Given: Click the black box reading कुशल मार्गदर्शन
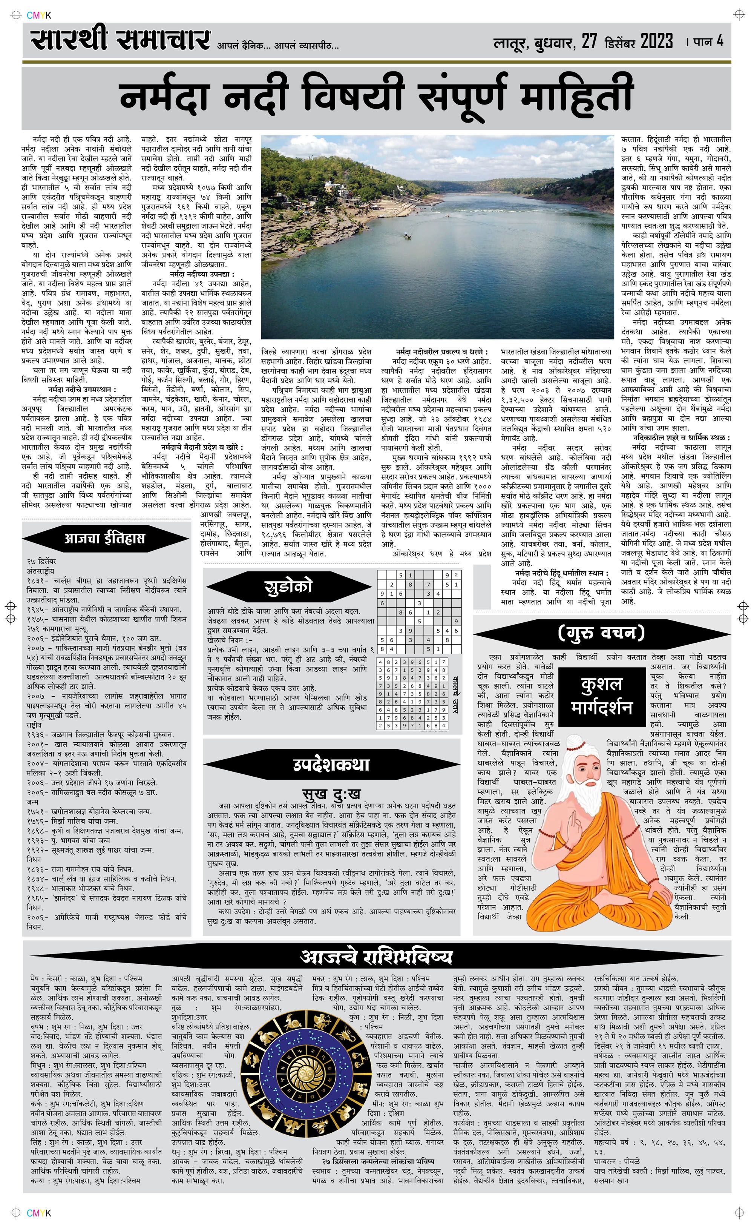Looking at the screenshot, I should (602, 695).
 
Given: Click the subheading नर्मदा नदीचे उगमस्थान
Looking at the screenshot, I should (82, 389).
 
